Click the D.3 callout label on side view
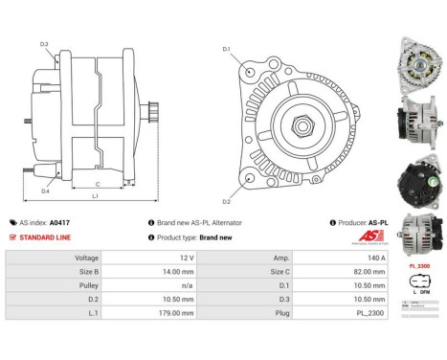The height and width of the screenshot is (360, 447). (x=44, y=44)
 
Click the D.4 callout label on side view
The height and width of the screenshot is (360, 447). (x=44, y=191)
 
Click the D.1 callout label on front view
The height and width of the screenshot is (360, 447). (x=226, y=48)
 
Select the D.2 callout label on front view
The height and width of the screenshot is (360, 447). (x=226, y=201)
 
